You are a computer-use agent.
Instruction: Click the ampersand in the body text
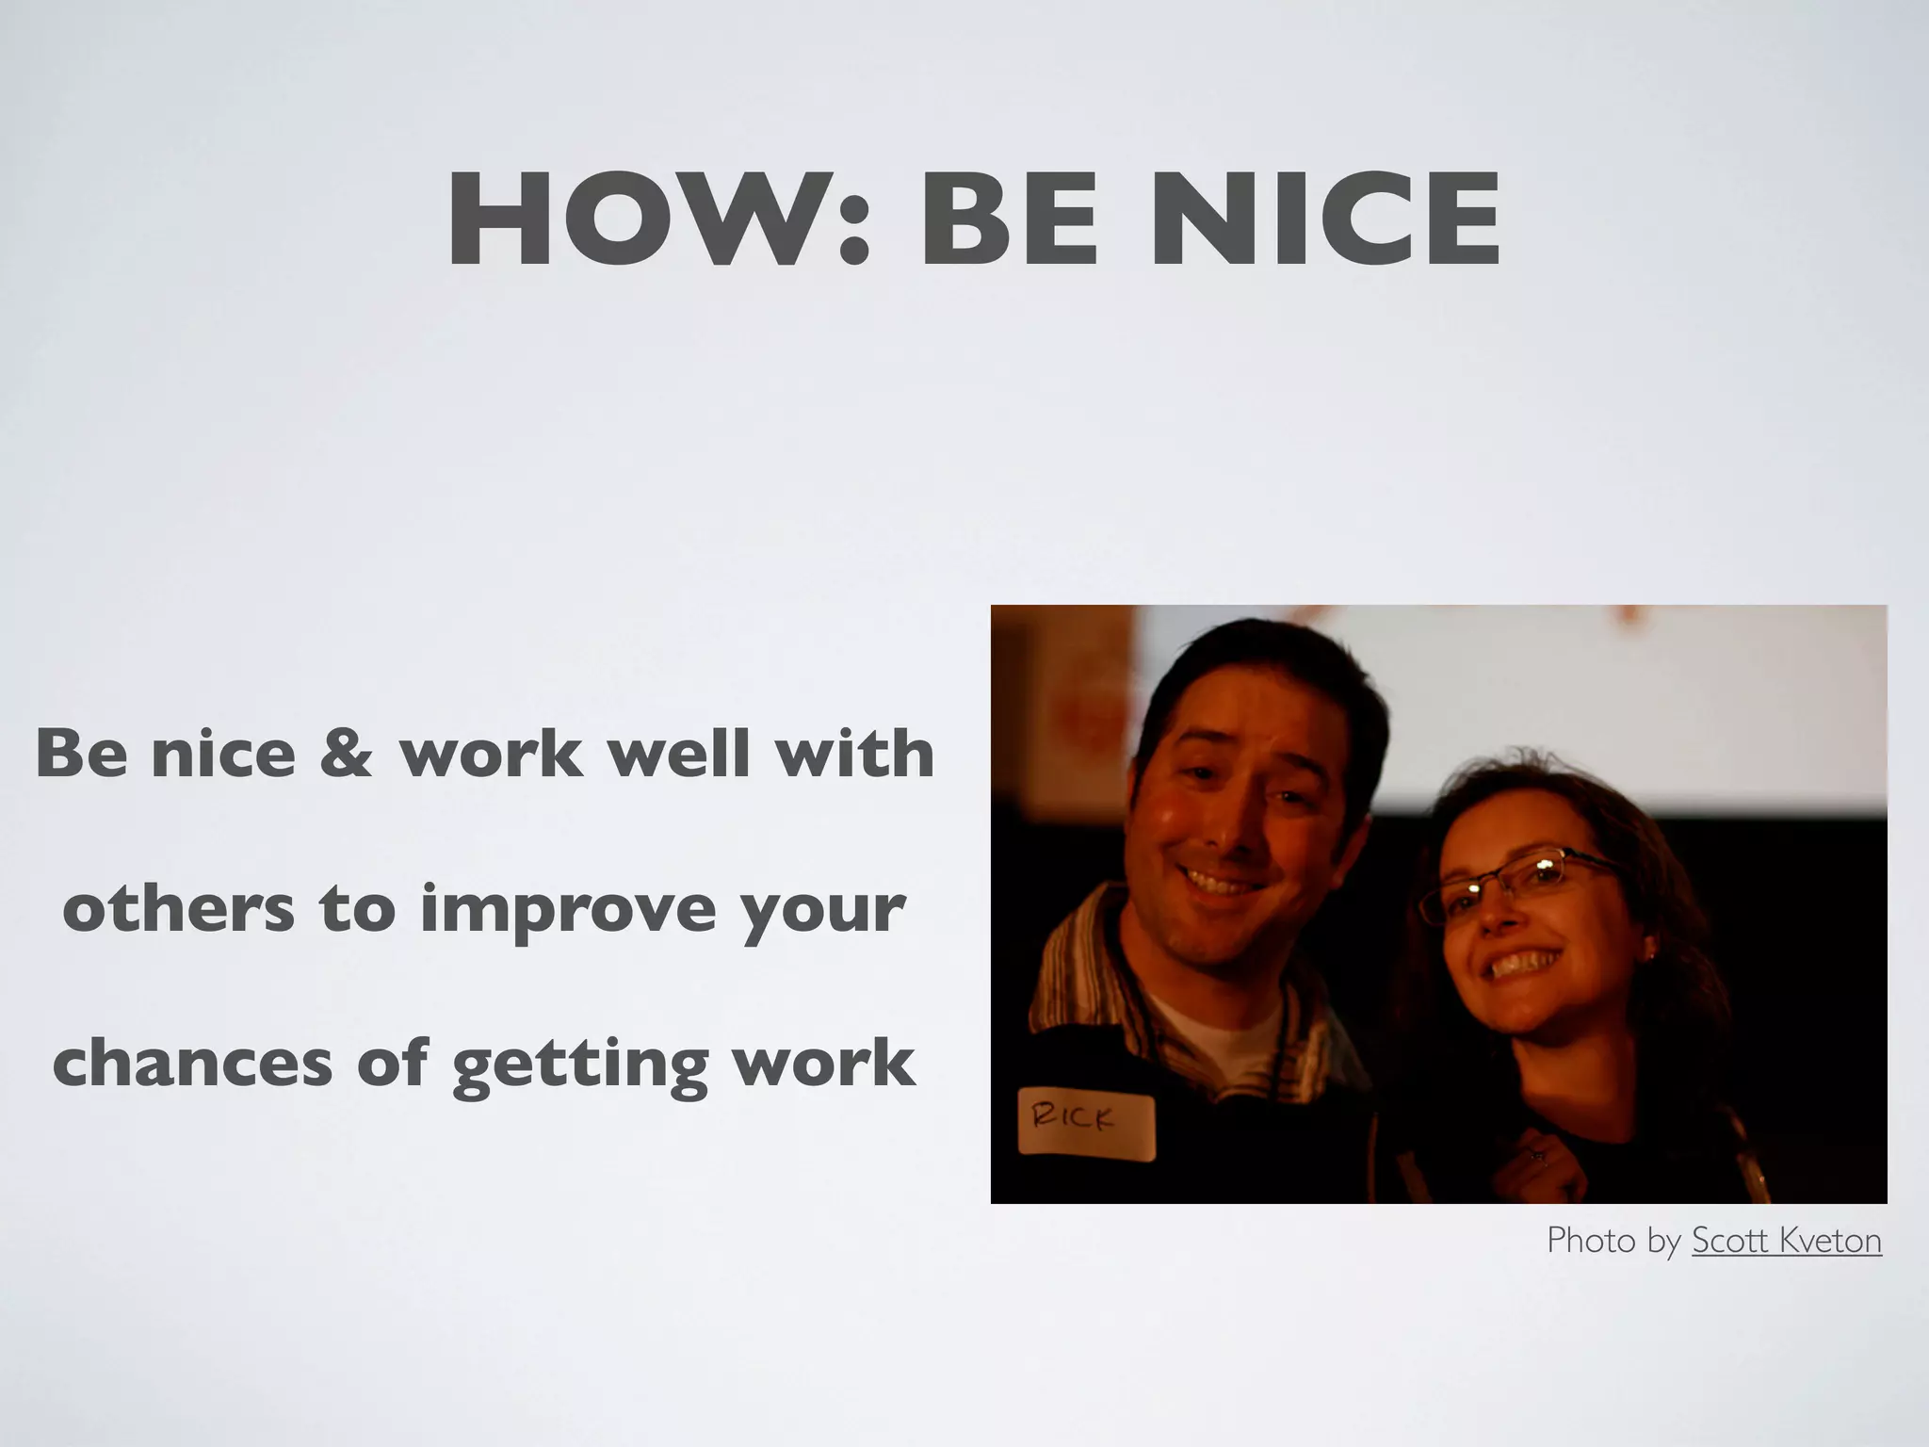tap(346, 755)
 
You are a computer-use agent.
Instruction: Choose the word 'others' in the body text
tap(178, 909)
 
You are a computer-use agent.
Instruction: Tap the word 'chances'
tap(193, 1064)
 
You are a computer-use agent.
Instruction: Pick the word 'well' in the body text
tap(679, 755)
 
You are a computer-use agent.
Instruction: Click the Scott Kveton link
tap(1786, 1241)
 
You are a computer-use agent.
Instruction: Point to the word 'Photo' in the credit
tap(1591, 1241)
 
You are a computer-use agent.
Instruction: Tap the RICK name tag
tap(1085, 1127)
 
